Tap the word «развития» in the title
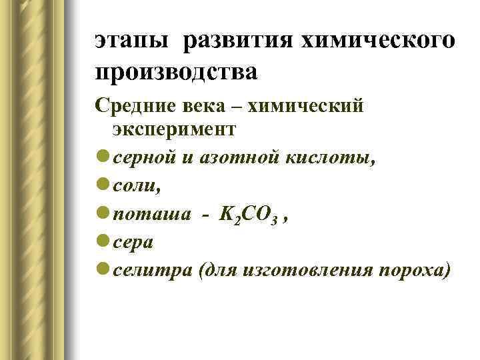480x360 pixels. (x=237, y=41)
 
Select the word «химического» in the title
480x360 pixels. (x=377, y=41)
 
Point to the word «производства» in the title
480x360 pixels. (x=175, y=71)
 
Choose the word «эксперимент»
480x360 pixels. (x=174, y=129)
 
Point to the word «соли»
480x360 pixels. (x=135, y=187)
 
